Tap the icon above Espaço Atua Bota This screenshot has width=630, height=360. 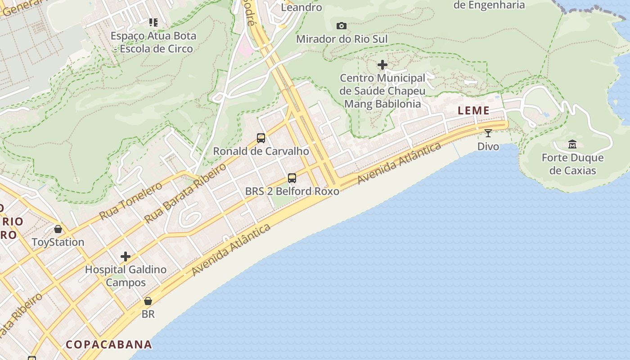pos(153,22)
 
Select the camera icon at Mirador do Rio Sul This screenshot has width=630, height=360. pos(342,26)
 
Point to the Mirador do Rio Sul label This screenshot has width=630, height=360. pos(342,39)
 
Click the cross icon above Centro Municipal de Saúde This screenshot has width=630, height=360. pos(382,65)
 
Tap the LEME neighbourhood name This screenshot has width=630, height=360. pos(473,111)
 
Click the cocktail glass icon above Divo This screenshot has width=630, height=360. pos(488,133)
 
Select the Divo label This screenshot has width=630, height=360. pos(488,146)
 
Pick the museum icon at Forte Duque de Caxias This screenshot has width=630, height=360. pos(572,144)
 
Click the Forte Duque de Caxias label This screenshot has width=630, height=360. pos(572,164)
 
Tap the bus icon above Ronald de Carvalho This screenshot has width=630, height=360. pos(261,138)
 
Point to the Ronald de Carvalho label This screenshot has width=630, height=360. pos(261,151)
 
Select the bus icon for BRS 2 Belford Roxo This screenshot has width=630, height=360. pos(292,178)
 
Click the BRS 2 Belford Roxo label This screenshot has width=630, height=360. pos(292,191)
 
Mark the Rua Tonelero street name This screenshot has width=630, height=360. pos(130,201)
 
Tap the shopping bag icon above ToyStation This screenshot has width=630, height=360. pos(58,229)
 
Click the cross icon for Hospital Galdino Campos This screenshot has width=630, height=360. pos(126,256)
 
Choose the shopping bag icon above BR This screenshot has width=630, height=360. pos(148,301)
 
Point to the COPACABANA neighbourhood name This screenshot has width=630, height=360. pos(109,345)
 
